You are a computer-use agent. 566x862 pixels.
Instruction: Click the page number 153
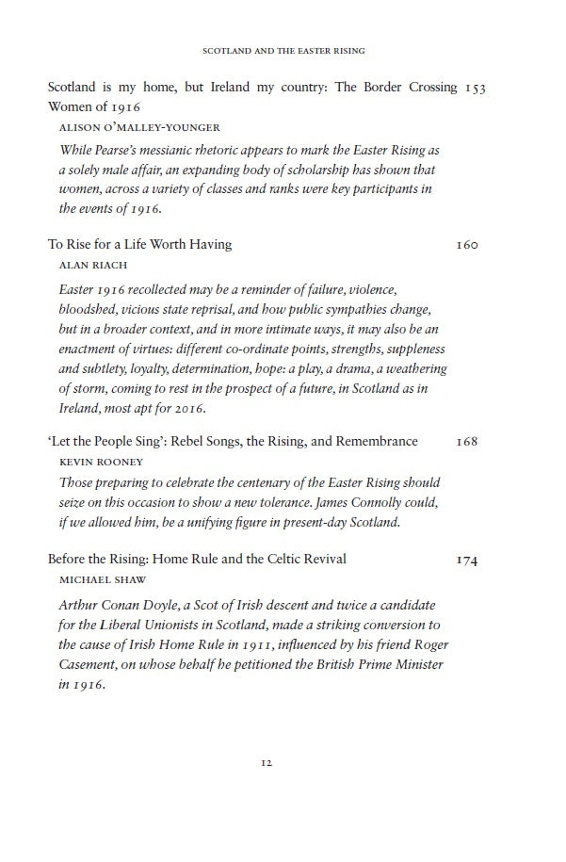pyautogui.click(x=476, y=88)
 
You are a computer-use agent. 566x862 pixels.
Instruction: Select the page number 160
pyautogui.click(x=467, y=245)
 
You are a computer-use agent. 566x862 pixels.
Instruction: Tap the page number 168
pyautogui.click(x=467, y=442)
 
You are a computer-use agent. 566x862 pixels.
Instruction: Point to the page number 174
pyautogui.click(x=467, y=561)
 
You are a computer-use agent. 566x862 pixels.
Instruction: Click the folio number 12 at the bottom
pyautogui.click(x=267, y=763)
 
